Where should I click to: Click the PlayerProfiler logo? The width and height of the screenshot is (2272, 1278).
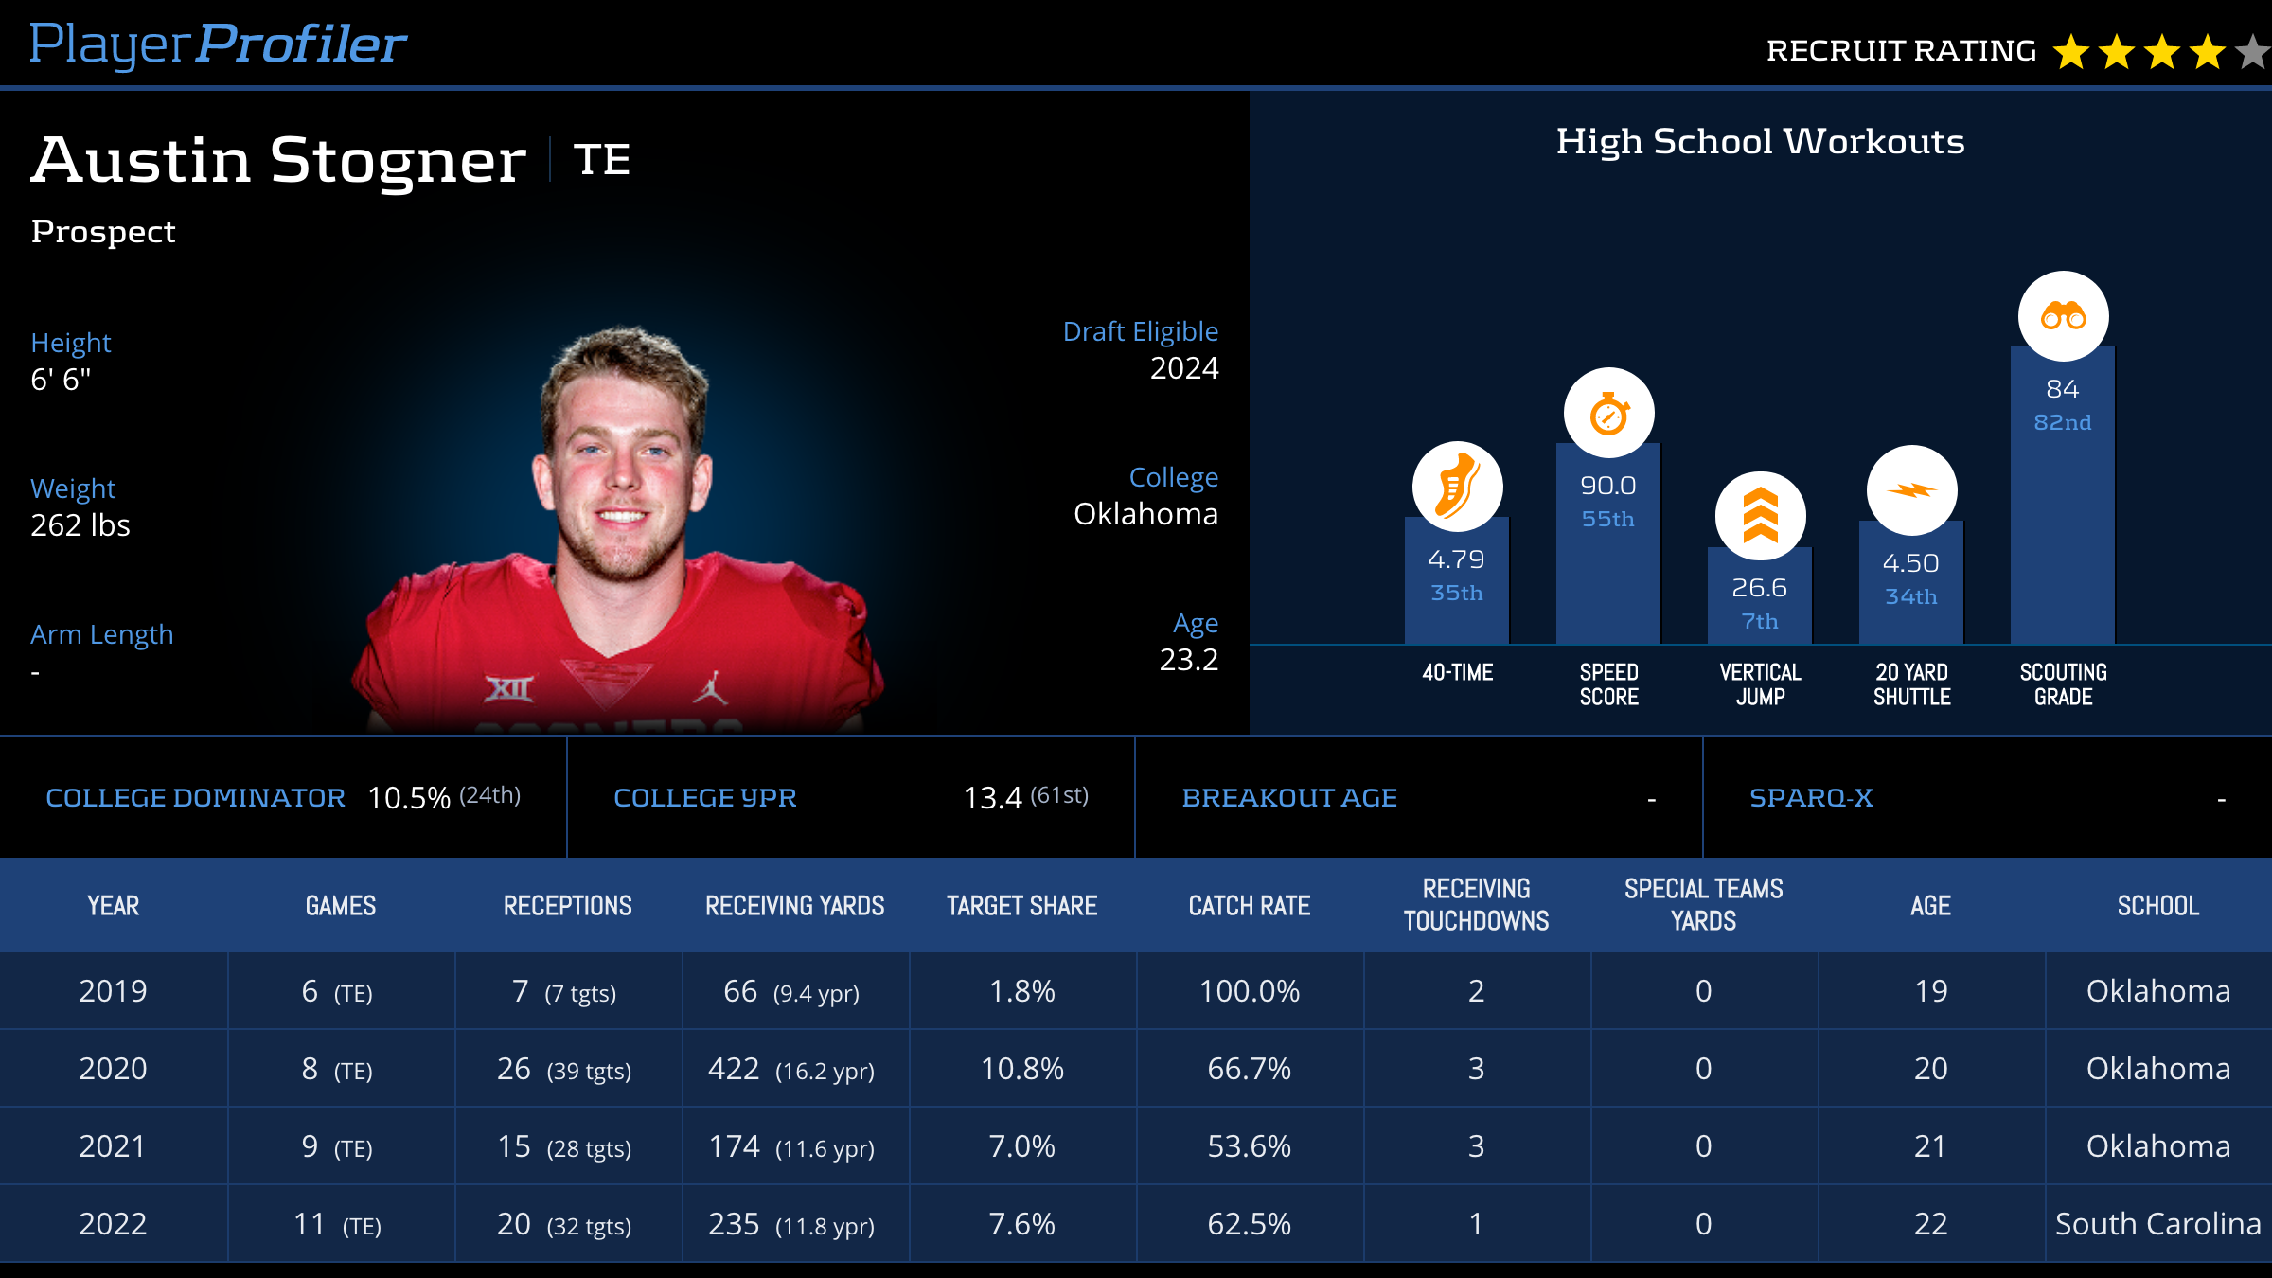(x=218, y=44)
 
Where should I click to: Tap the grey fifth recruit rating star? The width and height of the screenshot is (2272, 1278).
(x=2253, y=52)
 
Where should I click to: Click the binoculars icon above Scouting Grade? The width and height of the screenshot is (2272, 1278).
(x=2063, y=316)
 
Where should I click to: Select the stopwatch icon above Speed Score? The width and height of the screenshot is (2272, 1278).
(x=1608, y=414)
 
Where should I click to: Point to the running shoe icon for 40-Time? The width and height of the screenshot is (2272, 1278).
(x=1457, y=487)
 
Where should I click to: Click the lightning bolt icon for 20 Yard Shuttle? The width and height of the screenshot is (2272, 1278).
(x=1911, y=490)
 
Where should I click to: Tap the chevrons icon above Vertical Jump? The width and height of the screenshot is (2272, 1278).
(x=1760, y=516)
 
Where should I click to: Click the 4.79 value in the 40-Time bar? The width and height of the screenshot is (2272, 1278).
(x=1457, y=559)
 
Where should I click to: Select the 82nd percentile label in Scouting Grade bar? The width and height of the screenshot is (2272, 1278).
(x=2063, y=422)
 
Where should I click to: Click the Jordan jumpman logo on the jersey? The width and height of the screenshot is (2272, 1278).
(x=710, y=688)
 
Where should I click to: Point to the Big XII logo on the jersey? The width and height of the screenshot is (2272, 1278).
(x=509, y=688)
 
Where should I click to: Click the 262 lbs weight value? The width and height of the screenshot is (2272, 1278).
(x=80, y=525)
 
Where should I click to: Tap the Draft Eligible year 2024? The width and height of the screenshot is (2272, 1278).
(x=1183, y=368)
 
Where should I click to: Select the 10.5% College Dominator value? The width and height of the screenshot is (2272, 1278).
(x=409, y=798)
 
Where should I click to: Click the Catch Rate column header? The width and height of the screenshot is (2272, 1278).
(x=1249, y=906)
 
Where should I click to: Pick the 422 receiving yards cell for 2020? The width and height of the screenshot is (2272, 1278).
(x=735, y=1069)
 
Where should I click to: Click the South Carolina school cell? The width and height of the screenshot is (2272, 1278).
(x=2157, y=1224)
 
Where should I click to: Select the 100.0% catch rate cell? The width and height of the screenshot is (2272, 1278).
(x=1249, y=991)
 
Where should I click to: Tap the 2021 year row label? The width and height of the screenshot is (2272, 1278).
(x=113, y=1146)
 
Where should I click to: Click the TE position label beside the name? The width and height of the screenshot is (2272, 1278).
(x=602, y=159)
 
